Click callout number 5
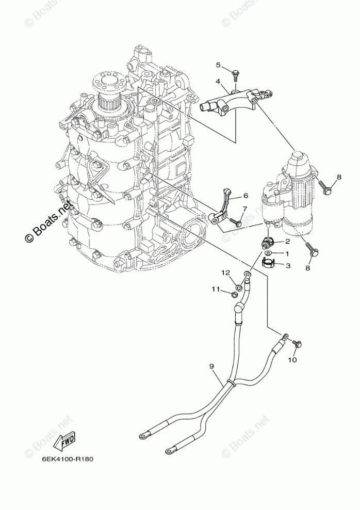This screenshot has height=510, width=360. [x=218, y=65]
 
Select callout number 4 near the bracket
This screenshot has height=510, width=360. [x=218, y=81]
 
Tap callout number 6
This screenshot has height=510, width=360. [x=246, y=196]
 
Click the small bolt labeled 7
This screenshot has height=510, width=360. [x=237, y=223]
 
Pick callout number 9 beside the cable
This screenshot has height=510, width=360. [x=211, y=366]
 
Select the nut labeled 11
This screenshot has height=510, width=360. [x=234, y=295]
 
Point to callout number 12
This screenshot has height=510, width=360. [x=225, y=272]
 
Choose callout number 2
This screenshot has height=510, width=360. [x=288, y=241]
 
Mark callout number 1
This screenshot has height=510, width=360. [x=288, y=253]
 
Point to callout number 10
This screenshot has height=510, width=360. [x=292, y=360]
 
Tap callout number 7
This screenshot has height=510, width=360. [x=245, y=209]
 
